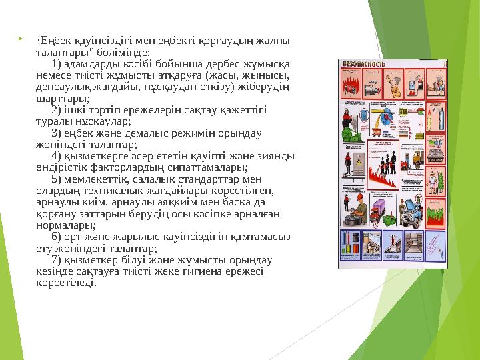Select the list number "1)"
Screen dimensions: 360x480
(56, 63)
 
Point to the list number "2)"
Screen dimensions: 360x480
(56, 110)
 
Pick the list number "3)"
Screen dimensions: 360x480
(56, 133)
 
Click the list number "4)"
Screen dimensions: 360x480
(56, 156)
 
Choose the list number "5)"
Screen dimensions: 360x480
(56, 179)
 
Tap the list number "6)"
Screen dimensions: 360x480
(56, 237)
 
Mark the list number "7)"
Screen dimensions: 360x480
(56, 259)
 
